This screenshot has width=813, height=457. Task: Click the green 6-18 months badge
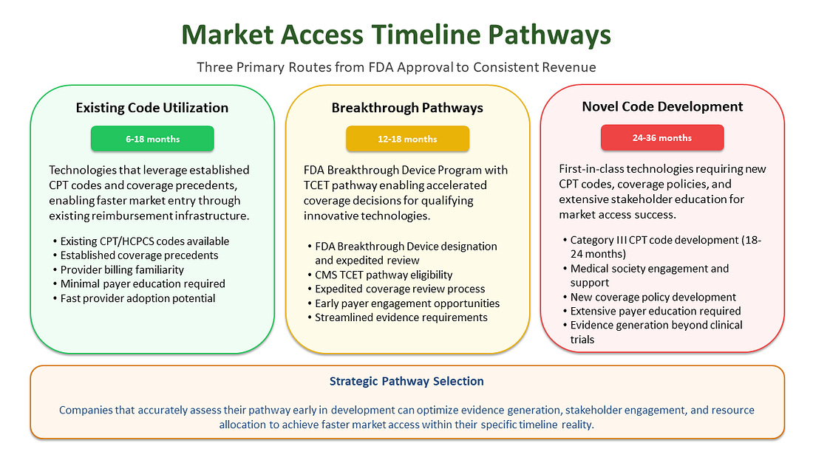pyautogui.click(x=152, y=139)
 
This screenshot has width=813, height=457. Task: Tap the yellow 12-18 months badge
pyautogui.click(x=407, y=139)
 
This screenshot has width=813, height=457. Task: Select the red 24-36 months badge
pyautogui.click(x=661, y=138)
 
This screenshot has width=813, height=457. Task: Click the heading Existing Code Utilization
pyautogui.click(x=152, y=108)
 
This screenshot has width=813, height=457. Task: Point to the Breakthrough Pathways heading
pyautogui.click(x=407, y=108)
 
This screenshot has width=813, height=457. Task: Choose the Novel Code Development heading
pyautogui.click(x=661, y=106)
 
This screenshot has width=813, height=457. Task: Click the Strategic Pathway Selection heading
pyautogui.click(x=406, y=381)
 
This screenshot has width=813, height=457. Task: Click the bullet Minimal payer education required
pyautogui.click(x=143, y=284)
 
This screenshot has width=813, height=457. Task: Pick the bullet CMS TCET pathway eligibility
pyautogui.click(x=384, y=275)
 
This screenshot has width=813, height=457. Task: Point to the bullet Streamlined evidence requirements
pyautogui.click(x=401, y=317)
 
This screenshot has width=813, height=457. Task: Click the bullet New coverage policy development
pyautogui.click(x=653, y=297)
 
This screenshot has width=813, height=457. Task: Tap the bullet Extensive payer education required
pyautogui.click(x=655, y=311)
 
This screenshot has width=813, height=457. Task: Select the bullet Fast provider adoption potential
pyautogui.click(x=138, y=298)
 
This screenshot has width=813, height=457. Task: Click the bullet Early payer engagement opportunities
pyautogui.click(x=407, y=303)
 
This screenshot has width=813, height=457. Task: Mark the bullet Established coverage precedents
pyautogui.click(x=140, y=255)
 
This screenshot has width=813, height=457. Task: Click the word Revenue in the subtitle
pyautogui.click(x=569, y=67)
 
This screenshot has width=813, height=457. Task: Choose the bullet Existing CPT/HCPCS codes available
pyautogui.click(x=145, y=241)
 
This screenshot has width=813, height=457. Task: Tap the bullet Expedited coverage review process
pyautogui.click(x=400, y=289)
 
